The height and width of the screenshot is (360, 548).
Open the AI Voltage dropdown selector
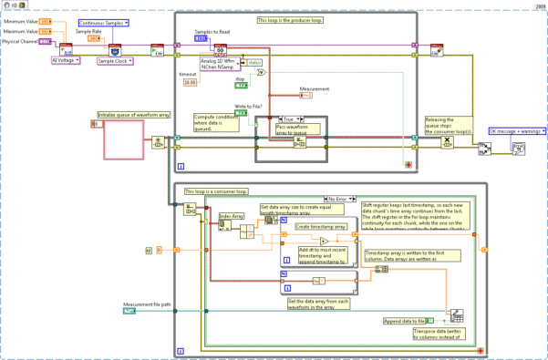(x=65, y=60)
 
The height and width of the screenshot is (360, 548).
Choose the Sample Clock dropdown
(x=116, y=60)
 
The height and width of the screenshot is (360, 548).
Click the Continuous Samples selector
(x=103, y=21)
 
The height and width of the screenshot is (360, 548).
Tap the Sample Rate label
(x=88, y=31)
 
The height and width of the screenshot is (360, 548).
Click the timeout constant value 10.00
(x=190, y=82)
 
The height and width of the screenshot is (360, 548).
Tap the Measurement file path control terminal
(x=129, y=312)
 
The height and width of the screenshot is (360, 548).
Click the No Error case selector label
(x=340, y=197)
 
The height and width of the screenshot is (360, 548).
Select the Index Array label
(x=233, y=217)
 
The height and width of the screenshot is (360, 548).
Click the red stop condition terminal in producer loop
(x=408, y=163)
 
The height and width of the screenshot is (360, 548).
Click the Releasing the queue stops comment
(x=450, y=125)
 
